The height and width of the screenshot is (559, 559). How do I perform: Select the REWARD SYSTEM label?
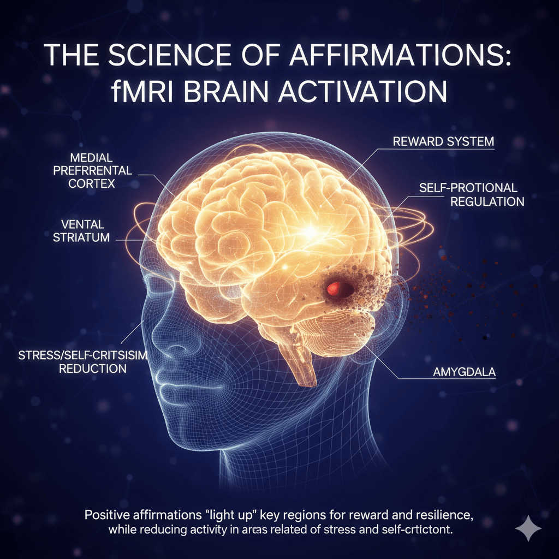pos(443,142)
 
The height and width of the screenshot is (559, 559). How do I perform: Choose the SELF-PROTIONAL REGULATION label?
pos(471,194)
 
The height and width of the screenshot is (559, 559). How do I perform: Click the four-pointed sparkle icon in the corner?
pos(528,529)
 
